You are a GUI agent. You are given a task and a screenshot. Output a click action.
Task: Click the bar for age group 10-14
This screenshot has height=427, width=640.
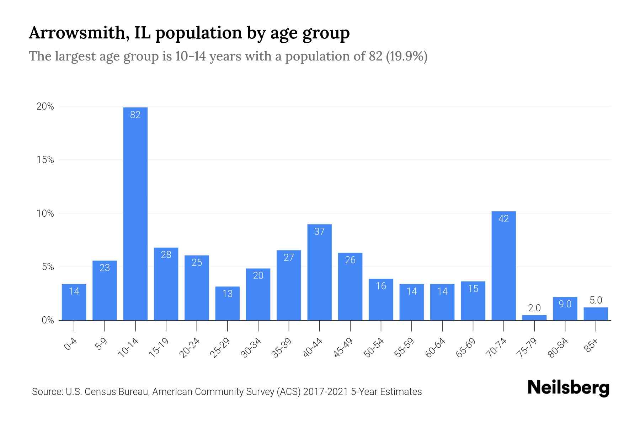click(135, 213)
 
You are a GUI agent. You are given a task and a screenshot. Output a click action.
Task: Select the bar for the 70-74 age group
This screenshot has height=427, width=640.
click(503, 267)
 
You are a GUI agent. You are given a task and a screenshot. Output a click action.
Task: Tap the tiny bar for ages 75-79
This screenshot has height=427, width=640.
click(534, 318)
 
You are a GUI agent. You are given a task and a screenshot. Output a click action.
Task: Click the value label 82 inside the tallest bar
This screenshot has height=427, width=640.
click(135, 115)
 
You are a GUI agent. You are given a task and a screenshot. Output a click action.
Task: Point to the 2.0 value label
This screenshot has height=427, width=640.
click(534, 308)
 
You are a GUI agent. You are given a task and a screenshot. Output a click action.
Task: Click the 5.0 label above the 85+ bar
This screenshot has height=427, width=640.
click(596, 300)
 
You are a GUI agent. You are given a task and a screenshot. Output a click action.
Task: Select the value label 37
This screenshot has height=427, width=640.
click(319, 232)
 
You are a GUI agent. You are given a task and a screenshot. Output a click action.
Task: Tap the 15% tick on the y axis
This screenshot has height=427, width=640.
click(45, 160)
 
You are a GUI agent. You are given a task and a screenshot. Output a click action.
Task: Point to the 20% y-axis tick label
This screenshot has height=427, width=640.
click(45, 106)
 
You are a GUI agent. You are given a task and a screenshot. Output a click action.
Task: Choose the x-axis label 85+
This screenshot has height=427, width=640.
click(591, 346)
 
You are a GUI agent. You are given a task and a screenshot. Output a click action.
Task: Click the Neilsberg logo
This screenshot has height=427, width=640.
click(568, 388)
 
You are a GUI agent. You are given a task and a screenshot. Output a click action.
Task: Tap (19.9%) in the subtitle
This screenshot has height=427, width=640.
click(406, 56)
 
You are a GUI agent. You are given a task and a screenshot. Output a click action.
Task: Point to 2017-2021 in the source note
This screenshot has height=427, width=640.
click(326, 392)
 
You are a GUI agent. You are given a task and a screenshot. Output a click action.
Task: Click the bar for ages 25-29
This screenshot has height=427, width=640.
click(227, 304)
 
